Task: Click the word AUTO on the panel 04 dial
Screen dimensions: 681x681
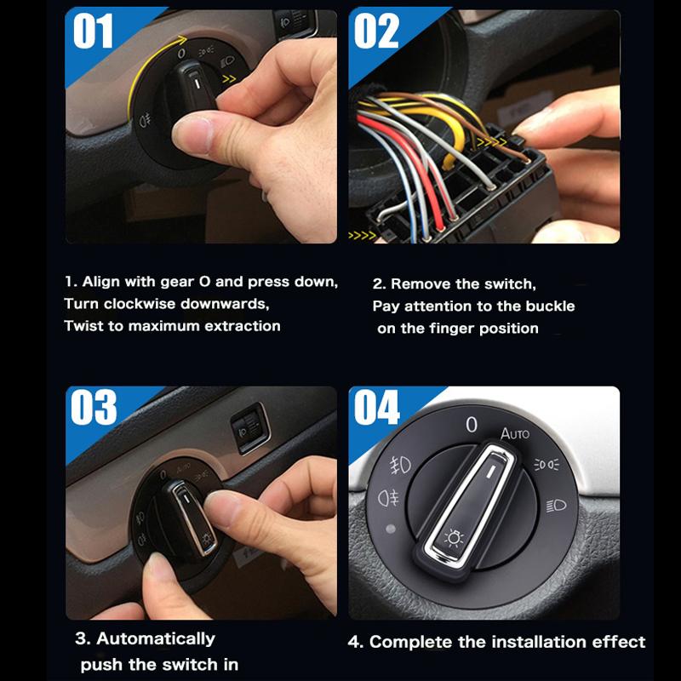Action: click(x=514, y=433)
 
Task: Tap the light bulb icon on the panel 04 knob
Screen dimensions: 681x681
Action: click(x=455, y=537)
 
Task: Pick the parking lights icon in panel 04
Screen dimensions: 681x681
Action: click(x=547, y=464)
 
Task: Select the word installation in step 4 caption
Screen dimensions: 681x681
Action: click(x=528, y=642)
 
